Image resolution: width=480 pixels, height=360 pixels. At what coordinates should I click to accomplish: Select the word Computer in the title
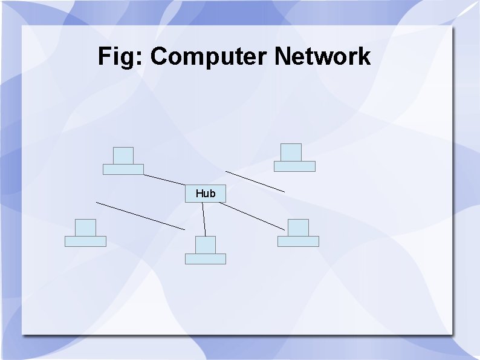[x=209, y=57]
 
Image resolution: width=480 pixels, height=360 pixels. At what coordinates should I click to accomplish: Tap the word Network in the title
[x=322, y=57]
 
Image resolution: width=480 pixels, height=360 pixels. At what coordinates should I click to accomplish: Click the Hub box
[x=206, y=194]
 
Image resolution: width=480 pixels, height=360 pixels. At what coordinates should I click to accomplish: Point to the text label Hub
[x=206, y=194]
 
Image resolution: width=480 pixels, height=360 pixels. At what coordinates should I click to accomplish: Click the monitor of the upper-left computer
[x=123, y=155]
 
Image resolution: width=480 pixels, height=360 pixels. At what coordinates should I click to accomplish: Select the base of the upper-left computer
[x=123, y=169]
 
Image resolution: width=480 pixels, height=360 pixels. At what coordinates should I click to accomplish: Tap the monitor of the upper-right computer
[x=291, y=152]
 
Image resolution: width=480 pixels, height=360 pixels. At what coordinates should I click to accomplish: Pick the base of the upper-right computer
[x=294, y=166]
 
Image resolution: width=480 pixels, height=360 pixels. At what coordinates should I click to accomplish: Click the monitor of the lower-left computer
[x=86, y=227]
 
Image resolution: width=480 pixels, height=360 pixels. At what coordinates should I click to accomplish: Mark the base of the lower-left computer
[x=85, y=241]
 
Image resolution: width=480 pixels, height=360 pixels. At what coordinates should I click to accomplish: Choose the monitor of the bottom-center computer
[x=206, y=244]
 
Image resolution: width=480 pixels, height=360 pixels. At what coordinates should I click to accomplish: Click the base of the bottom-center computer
[x=206, y=259]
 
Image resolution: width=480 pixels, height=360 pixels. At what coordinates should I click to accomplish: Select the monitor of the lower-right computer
[x=298, y=227]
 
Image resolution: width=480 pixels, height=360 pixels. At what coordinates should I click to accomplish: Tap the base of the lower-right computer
[x=298, y=241]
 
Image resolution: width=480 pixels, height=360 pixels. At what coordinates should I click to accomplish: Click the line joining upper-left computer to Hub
[x=164, y=180]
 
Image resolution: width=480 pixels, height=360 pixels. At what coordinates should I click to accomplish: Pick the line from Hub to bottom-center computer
[x=204, y=219]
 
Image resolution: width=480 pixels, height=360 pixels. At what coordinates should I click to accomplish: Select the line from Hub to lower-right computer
[x=252, y=216]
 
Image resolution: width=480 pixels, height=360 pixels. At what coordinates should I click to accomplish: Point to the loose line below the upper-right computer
[x=255, y=182]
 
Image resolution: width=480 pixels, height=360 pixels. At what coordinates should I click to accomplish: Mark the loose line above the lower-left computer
[x=140, y=216]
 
